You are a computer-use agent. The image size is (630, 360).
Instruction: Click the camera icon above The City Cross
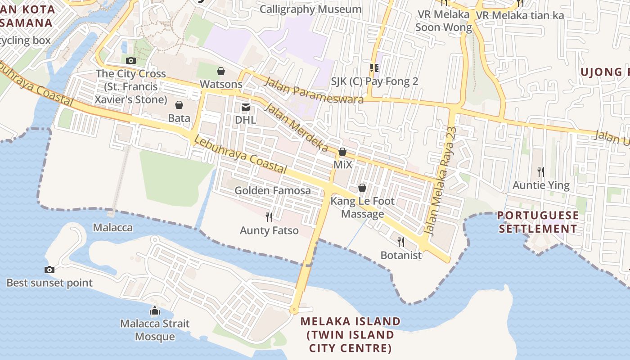click(x=131, y=60)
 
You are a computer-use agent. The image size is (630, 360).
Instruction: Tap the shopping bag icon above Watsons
click(x=221, y=71)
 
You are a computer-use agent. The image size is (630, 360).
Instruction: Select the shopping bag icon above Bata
click(x=179, y=105)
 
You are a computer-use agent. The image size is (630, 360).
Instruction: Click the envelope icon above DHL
click(x=246, y=107)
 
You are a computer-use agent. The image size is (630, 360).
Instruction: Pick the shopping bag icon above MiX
click(x=342, y=152)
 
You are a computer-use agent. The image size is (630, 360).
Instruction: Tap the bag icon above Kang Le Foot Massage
click(x=362, y=187)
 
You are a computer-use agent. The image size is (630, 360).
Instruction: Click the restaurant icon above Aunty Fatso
click(x=269, y=217)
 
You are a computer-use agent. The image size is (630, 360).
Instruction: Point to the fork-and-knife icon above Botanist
click(x=401, y=242)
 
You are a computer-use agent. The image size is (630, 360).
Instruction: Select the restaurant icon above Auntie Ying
click(x=541, y=171)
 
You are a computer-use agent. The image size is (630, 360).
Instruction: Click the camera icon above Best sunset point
click(x=49, y=270)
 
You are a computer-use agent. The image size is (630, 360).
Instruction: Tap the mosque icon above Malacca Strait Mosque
click(x=155, y=310)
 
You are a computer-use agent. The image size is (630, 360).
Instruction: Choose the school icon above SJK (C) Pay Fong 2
click(x=374, y=68)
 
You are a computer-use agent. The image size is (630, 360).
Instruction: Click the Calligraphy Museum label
click(x=310, y=9)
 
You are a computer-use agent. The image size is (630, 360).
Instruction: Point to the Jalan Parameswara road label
click(x=314, y=90)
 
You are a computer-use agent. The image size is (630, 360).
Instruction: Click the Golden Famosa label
click(x=273, y=190)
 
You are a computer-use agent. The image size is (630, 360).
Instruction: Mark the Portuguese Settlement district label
click(x=539, y=222)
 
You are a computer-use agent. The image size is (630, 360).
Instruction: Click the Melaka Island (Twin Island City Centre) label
click(x=351, y=335)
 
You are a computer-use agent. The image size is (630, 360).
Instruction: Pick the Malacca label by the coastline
click(x=113, y=227)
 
